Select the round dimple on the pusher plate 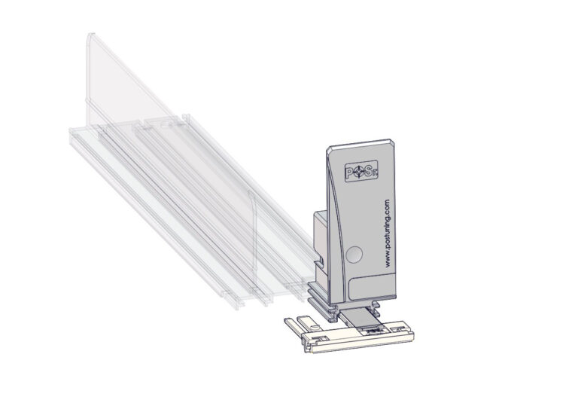(x=354, y=254)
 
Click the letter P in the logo (x=350, y=172)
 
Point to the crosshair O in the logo (x=359, y=172)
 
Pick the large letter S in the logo (x=367, y=171)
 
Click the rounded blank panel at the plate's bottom (x=372, y=285)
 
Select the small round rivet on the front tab (x=315, y=327)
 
